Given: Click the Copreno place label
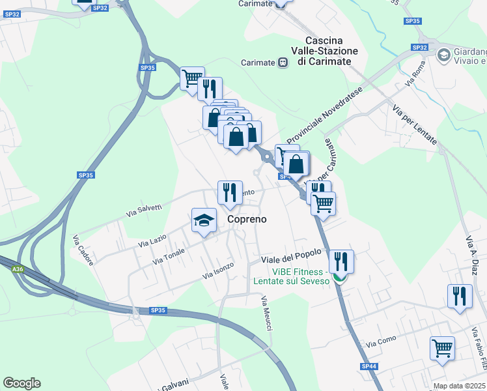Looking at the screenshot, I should click(247, 220).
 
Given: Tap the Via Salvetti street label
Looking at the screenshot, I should click(144, 209).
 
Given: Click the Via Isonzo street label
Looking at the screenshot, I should click(217, 270).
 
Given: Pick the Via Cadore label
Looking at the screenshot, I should click(83, 250).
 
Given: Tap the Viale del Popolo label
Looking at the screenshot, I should click(292, 259).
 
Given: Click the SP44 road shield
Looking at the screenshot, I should click(369, 367).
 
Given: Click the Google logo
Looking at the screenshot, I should click(21, 383).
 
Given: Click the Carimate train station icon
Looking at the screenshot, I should click(283, 62).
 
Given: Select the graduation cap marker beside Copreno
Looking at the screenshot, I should click(204, 220).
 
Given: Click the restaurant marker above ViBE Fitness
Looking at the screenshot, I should click(341, 261).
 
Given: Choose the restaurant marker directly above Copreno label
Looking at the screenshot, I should click(230, 192).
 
